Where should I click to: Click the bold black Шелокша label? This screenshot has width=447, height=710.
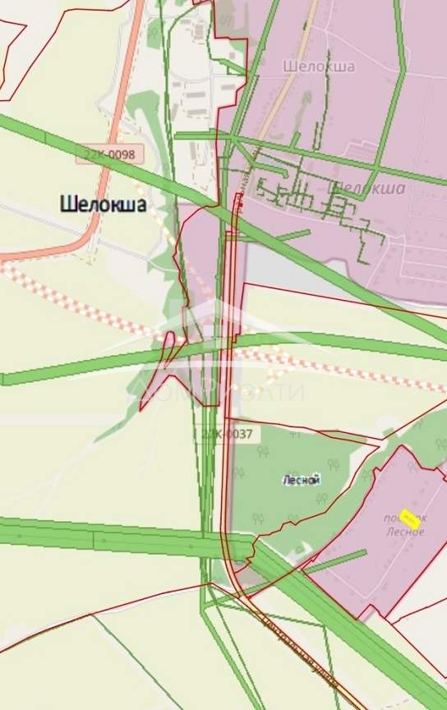click(x=103, y=205)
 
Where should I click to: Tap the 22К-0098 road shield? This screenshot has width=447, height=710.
click(x=113, y=154)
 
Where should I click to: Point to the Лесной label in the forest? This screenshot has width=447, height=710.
click(x=301, y=480)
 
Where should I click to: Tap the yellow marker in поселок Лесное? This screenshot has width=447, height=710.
click(x=409, y=519)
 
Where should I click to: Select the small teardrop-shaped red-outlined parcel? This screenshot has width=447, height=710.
click(x=168, y=347)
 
